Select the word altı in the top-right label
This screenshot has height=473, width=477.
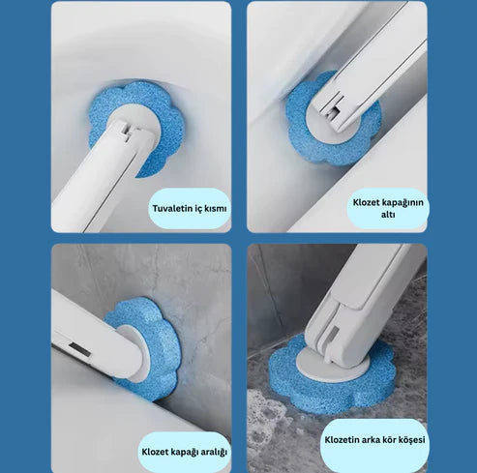(x=388, y=214)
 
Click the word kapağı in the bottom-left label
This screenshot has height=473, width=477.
(x=183, y=452)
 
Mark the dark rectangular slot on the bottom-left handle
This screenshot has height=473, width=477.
(x=80, y=349)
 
